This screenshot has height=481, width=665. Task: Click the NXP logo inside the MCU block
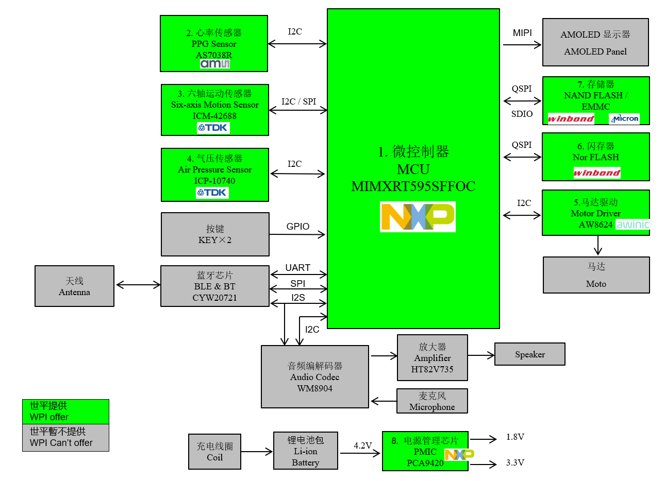(418, 217)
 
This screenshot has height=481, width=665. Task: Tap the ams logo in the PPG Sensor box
(215, 64)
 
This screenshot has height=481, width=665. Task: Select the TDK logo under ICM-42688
(213, 128)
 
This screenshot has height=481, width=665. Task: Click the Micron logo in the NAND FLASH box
(624, 118)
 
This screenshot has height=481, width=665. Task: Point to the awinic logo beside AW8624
(633, 225)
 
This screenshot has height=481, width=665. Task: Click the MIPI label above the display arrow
(522, 33)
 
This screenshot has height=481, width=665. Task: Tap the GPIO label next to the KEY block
(297, 227)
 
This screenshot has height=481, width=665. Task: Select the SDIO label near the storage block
(522, 114)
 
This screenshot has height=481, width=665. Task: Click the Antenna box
(74, 286)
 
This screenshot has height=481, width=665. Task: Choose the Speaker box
(529, 354)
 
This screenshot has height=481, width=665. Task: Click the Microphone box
(432, 401)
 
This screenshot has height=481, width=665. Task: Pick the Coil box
(214, 452)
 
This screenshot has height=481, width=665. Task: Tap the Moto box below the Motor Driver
(596, 275)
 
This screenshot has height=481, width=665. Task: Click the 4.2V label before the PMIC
(362, 445)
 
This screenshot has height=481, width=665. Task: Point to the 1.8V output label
(515, 437)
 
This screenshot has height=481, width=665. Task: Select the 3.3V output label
(515, 462)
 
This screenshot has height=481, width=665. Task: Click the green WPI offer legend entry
(65, 411)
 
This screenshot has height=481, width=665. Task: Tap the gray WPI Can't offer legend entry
(65, 437)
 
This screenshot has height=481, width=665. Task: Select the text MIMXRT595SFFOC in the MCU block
(413, 186)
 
